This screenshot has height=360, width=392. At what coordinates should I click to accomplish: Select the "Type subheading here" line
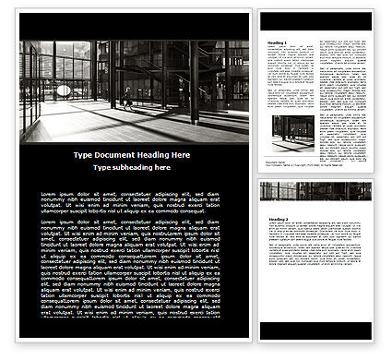134,169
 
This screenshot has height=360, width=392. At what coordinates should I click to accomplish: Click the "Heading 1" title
277,42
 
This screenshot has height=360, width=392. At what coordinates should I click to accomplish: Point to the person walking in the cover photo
127,95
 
